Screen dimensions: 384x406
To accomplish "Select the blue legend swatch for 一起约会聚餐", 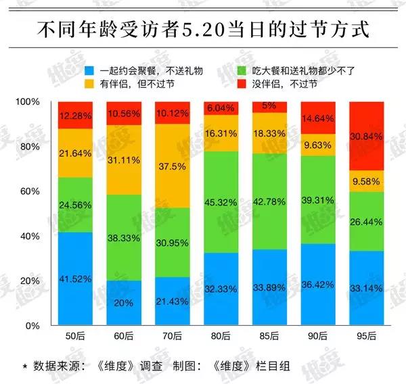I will [88, 70].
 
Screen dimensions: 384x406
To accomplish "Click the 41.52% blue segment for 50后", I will [75, 279].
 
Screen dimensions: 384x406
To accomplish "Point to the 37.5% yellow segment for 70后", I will [172, 166].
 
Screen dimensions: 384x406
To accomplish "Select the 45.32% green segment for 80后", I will [221, 202].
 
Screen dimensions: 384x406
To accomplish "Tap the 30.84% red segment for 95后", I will [366, 136].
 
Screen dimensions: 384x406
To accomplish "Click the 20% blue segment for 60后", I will [124, 303].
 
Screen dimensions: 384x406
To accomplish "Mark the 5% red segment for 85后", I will [269, 107].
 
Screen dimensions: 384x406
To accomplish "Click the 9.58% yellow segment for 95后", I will [366, 181].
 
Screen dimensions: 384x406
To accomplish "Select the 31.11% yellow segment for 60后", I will [124, 160].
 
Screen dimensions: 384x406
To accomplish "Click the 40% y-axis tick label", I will [30, 236].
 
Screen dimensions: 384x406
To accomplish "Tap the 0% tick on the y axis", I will [33, 325].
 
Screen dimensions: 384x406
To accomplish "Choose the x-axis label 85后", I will [269, 337].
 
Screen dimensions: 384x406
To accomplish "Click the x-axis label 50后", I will [75, 337].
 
